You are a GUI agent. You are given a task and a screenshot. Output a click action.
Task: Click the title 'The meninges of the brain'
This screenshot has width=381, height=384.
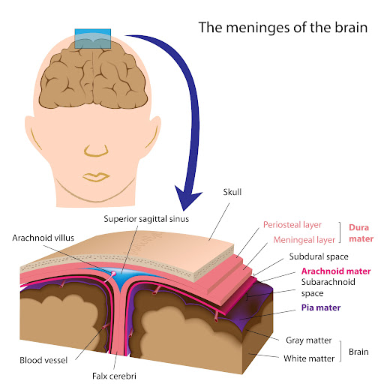283,28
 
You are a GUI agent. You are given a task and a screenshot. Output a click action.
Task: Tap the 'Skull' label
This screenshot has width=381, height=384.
232,192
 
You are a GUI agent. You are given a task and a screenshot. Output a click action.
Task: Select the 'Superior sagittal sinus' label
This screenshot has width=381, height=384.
146,219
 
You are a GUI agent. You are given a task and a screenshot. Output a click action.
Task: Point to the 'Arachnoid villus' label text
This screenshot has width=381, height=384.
43,238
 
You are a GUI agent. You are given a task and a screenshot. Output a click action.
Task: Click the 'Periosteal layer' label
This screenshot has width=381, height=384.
292,225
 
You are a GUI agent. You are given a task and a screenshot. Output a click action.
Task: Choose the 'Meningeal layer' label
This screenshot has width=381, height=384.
304,240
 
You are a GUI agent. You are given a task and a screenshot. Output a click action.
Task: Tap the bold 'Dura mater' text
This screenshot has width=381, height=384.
361,233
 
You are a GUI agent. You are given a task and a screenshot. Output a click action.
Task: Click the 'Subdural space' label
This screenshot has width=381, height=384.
319,256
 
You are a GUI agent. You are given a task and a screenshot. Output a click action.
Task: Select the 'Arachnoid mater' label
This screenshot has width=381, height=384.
336,271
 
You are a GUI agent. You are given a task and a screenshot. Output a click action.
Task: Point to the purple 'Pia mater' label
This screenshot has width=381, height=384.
321,307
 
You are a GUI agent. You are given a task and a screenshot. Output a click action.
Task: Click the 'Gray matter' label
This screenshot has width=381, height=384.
309,340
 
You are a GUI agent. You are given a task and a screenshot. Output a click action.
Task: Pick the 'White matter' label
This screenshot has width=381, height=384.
309,358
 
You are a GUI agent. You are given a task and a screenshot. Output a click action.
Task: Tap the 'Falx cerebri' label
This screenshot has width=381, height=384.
114,376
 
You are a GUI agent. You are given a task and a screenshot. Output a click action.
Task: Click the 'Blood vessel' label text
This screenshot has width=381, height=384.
43,360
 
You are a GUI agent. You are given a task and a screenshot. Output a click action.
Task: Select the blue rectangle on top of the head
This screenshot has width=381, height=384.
93,39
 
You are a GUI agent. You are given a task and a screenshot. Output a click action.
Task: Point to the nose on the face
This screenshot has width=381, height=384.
96,151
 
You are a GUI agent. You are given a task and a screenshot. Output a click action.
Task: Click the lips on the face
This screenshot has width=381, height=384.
96,177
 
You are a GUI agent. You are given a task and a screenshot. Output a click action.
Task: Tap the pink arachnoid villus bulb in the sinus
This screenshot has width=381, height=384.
113,273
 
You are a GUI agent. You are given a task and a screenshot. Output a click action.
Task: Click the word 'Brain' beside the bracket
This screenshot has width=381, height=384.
358,352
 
